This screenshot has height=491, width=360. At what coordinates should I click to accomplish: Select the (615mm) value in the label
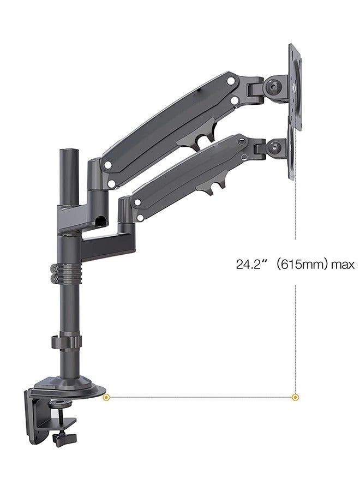[302, 265]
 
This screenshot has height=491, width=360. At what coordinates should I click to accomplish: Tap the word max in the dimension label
[343, 265]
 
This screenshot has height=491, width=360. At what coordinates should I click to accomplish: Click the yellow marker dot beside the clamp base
[107, 397]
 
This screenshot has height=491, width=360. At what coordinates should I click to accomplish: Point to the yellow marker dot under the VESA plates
[296, 397]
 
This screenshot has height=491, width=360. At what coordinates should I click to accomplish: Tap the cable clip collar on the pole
[67, 342]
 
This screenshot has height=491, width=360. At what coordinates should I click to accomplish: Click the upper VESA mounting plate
[295, 87]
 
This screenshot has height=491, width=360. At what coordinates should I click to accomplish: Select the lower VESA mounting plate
[292, 150]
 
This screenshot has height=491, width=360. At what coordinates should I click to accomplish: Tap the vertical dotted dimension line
[296, 327]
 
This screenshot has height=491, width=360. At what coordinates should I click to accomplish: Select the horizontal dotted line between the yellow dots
[202, 397]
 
